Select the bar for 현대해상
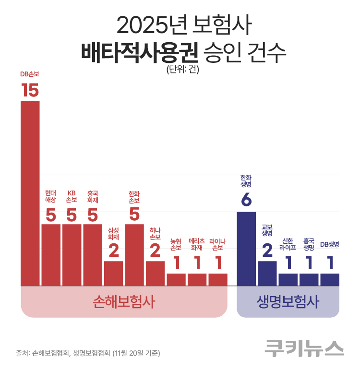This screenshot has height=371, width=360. [x=51, y=255]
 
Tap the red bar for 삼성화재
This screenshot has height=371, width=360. [x=113, y=274]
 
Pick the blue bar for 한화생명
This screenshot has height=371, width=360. [x=246, y=249]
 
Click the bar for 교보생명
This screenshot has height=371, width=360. [x=267, y=274]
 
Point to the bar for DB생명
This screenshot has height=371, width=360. [x=330, y=280]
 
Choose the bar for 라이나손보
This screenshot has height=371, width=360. [x=218, y=280]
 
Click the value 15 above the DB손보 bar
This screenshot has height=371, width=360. [x=30, y=90]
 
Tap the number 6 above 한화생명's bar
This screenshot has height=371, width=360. [x=246, y=200]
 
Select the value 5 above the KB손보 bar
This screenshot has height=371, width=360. [x=72, y=215]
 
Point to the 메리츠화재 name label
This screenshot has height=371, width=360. [x=197, y=245]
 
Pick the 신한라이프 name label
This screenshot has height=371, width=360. [x=288, y=245]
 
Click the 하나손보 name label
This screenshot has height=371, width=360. [x=155, y=233]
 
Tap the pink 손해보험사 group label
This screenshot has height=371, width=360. [x=124, y=302]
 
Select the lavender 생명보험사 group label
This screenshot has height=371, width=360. [x=288, y=302]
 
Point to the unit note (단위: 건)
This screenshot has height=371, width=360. [x=182, y=69]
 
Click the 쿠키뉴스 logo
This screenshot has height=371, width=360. [x=304, y=348]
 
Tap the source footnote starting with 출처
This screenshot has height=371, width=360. [x=88, y=353]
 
